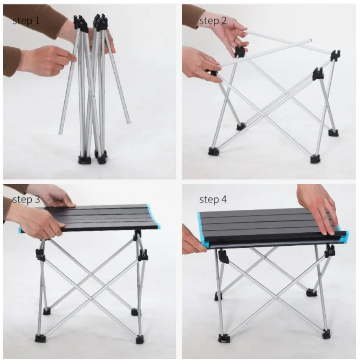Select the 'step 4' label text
(x=213, y=199)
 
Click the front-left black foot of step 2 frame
(x=214, y=151)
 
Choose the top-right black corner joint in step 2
(x=335, y=55)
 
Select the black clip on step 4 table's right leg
(x=329, y=252)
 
